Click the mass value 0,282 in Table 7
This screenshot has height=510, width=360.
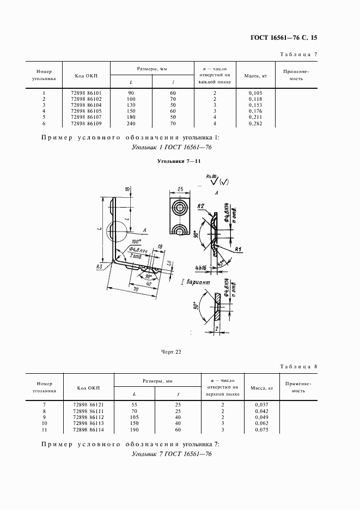pyautogui.click(x=255, y=124)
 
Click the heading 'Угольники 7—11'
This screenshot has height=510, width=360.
pyautogui.click(x=179, y=162)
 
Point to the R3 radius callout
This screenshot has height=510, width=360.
pyautogui.click(x=99, y=267)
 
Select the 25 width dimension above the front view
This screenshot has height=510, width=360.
pyautogui.click(x=180, y=190)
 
